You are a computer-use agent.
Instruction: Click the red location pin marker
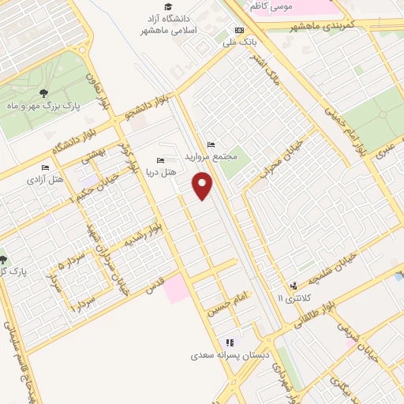(x=204, y=187)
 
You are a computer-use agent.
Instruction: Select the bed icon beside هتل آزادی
(x=46, y=168)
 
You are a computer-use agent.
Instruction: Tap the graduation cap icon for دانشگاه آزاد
(x=166, y=6)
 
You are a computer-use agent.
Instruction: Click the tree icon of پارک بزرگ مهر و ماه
(x=43, y=93)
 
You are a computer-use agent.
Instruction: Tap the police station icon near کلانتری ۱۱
(x=293, y=286)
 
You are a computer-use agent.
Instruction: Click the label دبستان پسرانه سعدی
(x=229, y=355)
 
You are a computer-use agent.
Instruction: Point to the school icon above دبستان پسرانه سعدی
(x=229, y=342)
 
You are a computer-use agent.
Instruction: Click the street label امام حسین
(x=227, y=303)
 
